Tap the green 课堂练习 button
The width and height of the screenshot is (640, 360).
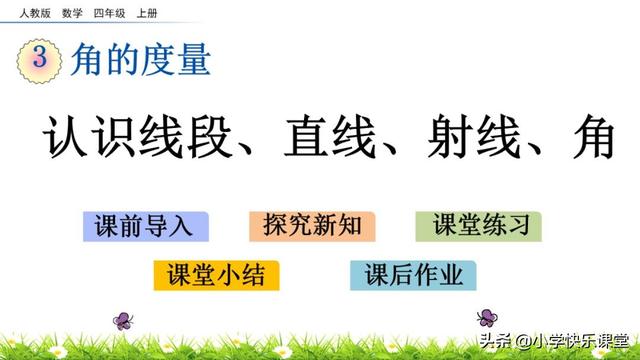[479, 225]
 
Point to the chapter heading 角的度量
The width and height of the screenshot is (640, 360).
[141, 60]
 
